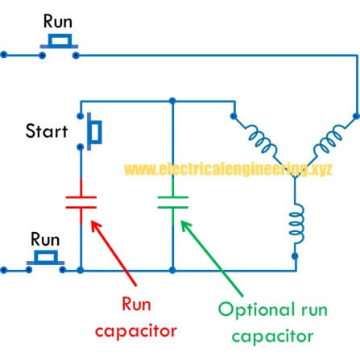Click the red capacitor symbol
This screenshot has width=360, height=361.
[x=81, y=202]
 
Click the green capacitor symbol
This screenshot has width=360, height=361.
[x=173, y=202]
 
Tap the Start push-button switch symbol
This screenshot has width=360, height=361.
[x=91, y=131]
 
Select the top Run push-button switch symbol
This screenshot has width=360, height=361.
[x=59, y=46]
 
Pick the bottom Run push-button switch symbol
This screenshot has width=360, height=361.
[x=46, y=262]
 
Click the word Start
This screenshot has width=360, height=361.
[x=47, y=131]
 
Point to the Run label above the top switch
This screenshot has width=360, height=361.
[x=58, y=21]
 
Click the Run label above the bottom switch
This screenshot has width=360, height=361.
[x=45, y=239]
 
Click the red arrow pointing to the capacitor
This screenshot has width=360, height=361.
[x=114, y=252]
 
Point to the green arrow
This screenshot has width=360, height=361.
[x=212, y=259]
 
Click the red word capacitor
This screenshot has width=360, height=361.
[x=136, y=331]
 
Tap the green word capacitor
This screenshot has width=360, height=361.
[x=273, y=336]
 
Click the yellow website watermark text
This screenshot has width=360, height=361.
[x=228, y=169]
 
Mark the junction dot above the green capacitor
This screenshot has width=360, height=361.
[x=172, y=101]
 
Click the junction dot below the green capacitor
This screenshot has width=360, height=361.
[x=172, y=270]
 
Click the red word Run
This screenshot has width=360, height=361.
[x=136, y=305]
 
